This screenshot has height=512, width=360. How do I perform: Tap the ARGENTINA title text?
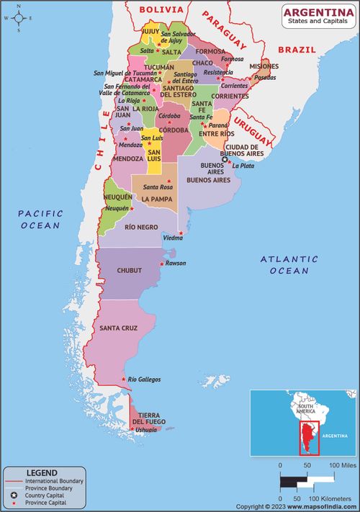(x=318, y=12)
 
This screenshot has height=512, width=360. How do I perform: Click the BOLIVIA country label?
(x=161, y=9)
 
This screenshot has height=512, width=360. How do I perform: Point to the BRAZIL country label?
(x=297, y=50)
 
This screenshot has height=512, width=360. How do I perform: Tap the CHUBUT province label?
(x=129, y=271)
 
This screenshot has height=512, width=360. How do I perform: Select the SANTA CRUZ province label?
(x=118, y=328)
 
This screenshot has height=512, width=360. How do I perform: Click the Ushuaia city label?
(x=146, y=430)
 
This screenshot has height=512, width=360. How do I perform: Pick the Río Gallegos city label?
(x=144, y=379)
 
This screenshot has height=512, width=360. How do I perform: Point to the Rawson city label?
(x=176, y=264)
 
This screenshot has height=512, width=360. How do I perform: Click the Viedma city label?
(x=173, y=238)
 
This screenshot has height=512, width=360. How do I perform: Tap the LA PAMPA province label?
(x=156, y=199)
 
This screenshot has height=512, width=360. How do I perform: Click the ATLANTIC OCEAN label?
(x=289, y=264)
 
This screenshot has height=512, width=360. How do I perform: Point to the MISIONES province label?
(x=264, y=66)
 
